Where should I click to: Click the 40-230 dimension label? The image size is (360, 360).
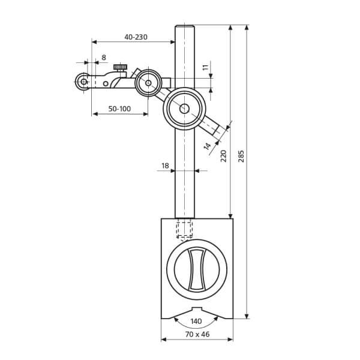pyautogui.click(x=136, y=37)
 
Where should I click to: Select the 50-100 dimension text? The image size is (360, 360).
pyautogui.click(x=119, y=109)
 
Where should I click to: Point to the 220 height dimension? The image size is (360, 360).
pyautogui.click(x=224, y=155)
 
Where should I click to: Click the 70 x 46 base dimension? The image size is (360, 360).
pyautogui.click(x=197, y=334)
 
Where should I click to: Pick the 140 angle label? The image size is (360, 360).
pyautogui.click(x=196, y=322)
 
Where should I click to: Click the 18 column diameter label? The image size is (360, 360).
pyautogui.click(x=165, y=166)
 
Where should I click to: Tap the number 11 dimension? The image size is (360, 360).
pyautogui.click(x=205, y=68)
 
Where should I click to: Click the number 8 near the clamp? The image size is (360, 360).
pyautogui.click(x=104, y=58)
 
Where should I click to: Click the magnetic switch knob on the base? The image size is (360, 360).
pyautogui.click(x=197, y=269)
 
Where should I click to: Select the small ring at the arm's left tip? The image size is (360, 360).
pyautogui.click(x=83, y=82)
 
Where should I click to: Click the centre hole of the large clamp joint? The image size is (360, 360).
pyautogui.click(x=184, y=109)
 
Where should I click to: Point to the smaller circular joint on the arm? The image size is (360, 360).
pyautogui.click(x=148, y=82)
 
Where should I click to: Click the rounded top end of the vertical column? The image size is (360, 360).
pyautogui.click(x=184, y=28)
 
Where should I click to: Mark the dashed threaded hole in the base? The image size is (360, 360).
pyautogui.click(x=184, y=229)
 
